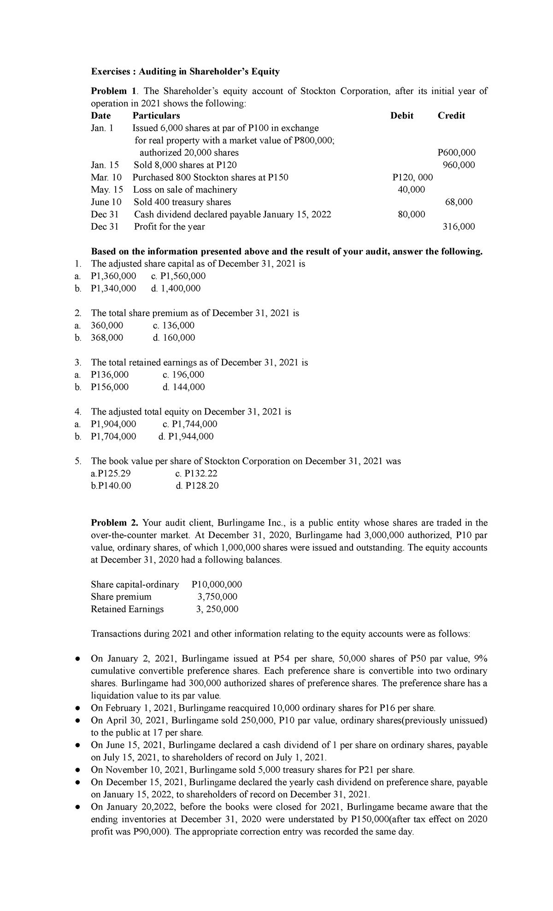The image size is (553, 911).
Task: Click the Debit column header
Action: pos(401,116)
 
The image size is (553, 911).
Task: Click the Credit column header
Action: pos(451,116)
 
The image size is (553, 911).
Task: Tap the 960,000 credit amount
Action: pos(458,165)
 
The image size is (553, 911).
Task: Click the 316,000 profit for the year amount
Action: pos(458,227)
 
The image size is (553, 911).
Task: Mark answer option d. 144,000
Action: pos(183,387)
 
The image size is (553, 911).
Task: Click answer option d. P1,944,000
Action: pos(186,437)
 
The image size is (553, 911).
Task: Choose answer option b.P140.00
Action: pos(111,486)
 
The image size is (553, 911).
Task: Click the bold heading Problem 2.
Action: pos(115,523)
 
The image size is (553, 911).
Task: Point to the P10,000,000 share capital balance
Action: pos(216,585)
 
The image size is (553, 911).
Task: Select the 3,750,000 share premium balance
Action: pos(217,597)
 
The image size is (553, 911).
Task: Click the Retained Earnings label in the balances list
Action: pos(127,609)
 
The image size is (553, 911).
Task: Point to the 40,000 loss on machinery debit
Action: pos(411,189)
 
